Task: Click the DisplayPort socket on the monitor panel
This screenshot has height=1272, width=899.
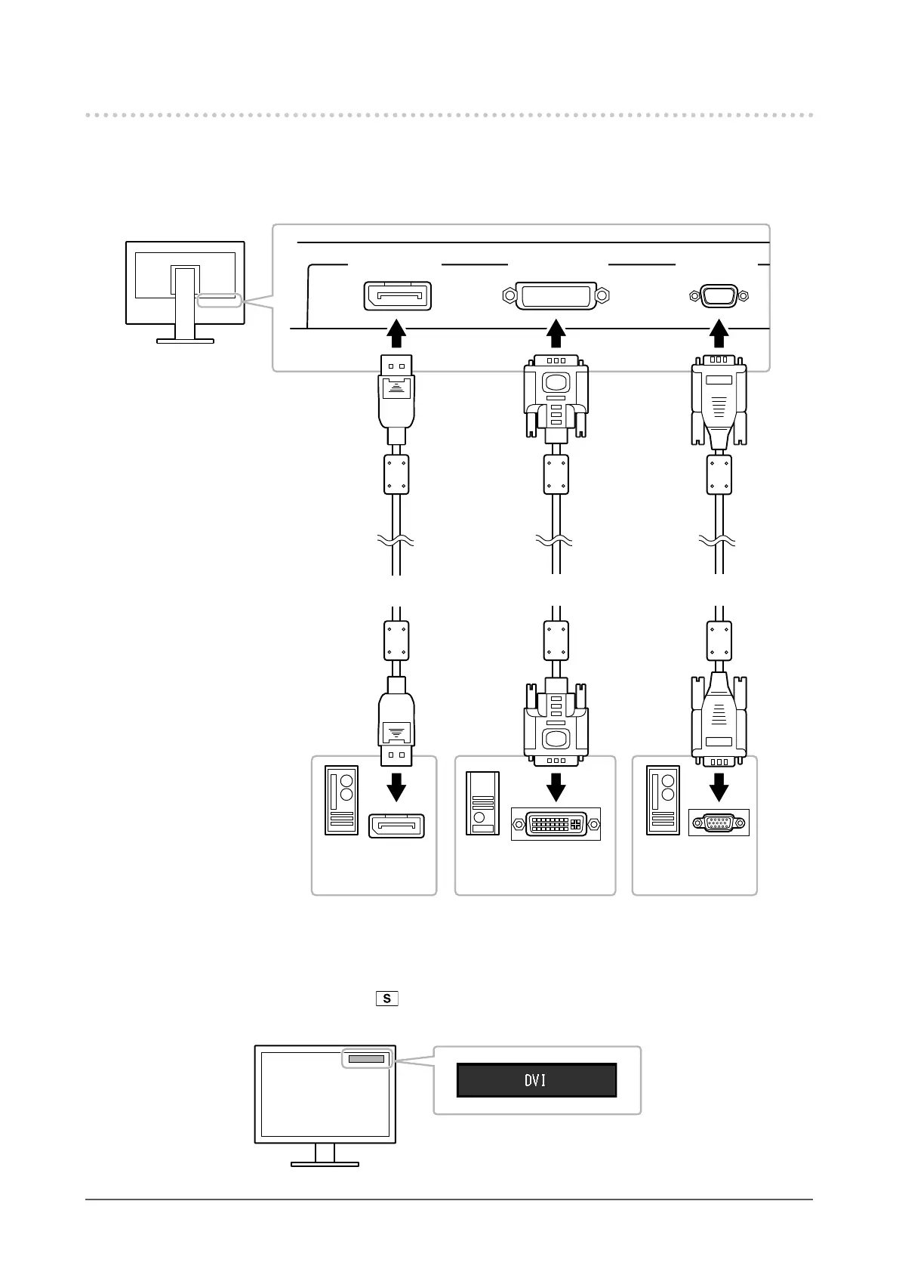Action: [x=397, y=295]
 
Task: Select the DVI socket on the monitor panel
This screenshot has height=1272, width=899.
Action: [x=556, y=295]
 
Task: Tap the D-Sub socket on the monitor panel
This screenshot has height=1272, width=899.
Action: [x=719, y=296]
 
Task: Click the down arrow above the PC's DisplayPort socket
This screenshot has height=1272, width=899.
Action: [x=396, y=787]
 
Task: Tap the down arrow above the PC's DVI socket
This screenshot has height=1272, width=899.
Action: [x=556, y=787]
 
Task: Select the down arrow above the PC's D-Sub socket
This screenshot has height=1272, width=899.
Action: [x=719, y=787]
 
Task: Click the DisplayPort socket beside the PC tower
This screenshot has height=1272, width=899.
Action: [x=396, y=826]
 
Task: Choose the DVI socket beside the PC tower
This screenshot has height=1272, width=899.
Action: [x=556, y=823]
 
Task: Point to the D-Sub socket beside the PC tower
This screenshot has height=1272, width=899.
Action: [x=719, y=823]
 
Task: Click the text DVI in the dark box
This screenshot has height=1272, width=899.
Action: [x=535, y=1081]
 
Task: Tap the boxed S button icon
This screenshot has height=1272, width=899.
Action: [x=386, y=999]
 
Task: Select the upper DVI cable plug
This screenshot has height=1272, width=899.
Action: [x=556, y=397]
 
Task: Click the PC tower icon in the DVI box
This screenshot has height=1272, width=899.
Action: [x=482, y=803]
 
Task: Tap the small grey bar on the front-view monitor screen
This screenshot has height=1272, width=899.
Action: [x=366, y=1059]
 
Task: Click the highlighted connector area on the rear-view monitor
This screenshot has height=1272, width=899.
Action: [x=219, y=301]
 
